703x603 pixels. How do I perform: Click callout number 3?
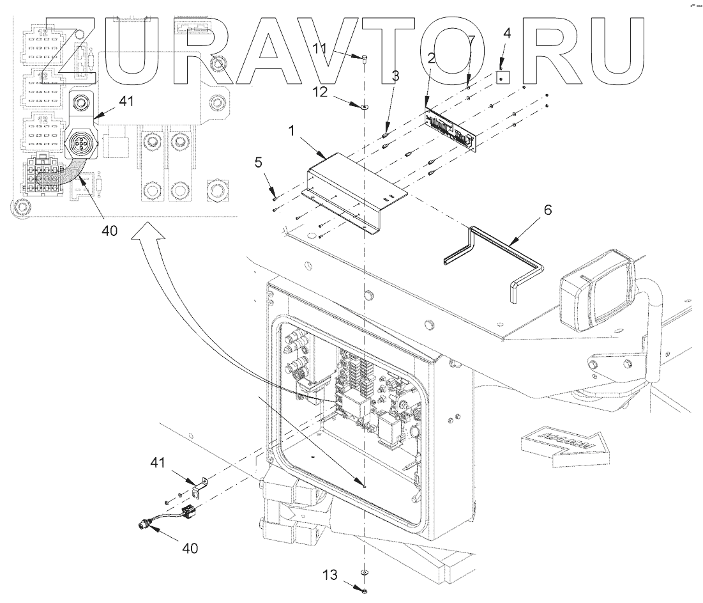point(395,75)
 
